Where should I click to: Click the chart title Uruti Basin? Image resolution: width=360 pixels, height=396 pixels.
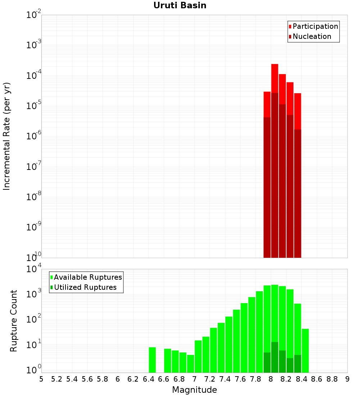tap(180, 5)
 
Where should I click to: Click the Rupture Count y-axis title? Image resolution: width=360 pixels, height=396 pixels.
tap(14, 321)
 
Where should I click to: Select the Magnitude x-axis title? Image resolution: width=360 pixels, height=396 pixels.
tap(194, 390)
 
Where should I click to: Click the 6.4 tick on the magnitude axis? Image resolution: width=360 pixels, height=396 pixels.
tap(148, 379)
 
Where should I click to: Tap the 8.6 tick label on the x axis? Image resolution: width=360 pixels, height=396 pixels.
tap(317, 379)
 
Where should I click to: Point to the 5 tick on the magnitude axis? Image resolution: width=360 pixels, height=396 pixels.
tap(41, 379)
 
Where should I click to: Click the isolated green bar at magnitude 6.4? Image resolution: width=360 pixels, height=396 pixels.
tap(152, 360)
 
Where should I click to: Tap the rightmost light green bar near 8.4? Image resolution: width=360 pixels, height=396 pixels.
tap(305, 351)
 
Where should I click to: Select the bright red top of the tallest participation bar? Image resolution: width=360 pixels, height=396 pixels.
tap(275, 78)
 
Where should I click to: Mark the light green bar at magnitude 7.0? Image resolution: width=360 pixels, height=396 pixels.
tap(198, 356)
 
